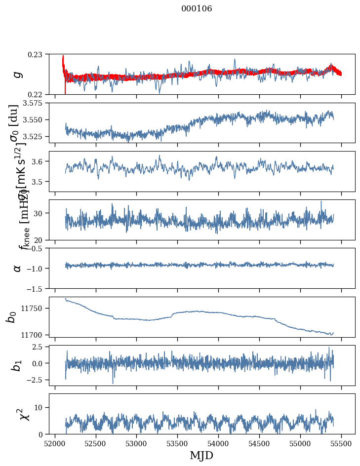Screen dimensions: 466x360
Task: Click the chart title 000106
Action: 197,8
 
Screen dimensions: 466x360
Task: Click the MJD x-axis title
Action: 201,455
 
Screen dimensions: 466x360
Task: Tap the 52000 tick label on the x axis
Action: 55,443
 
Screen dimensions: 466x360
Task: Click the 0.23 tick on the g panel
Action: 38,54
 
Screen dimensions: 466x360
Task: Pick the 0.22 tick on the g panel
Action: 38,94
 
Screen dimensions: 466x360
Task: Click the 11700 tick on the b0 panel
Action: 35,335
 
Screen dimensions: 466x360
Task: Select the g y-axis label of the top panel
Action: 18,74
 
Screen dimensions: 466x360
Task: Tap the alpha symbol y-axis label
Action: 18,268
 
